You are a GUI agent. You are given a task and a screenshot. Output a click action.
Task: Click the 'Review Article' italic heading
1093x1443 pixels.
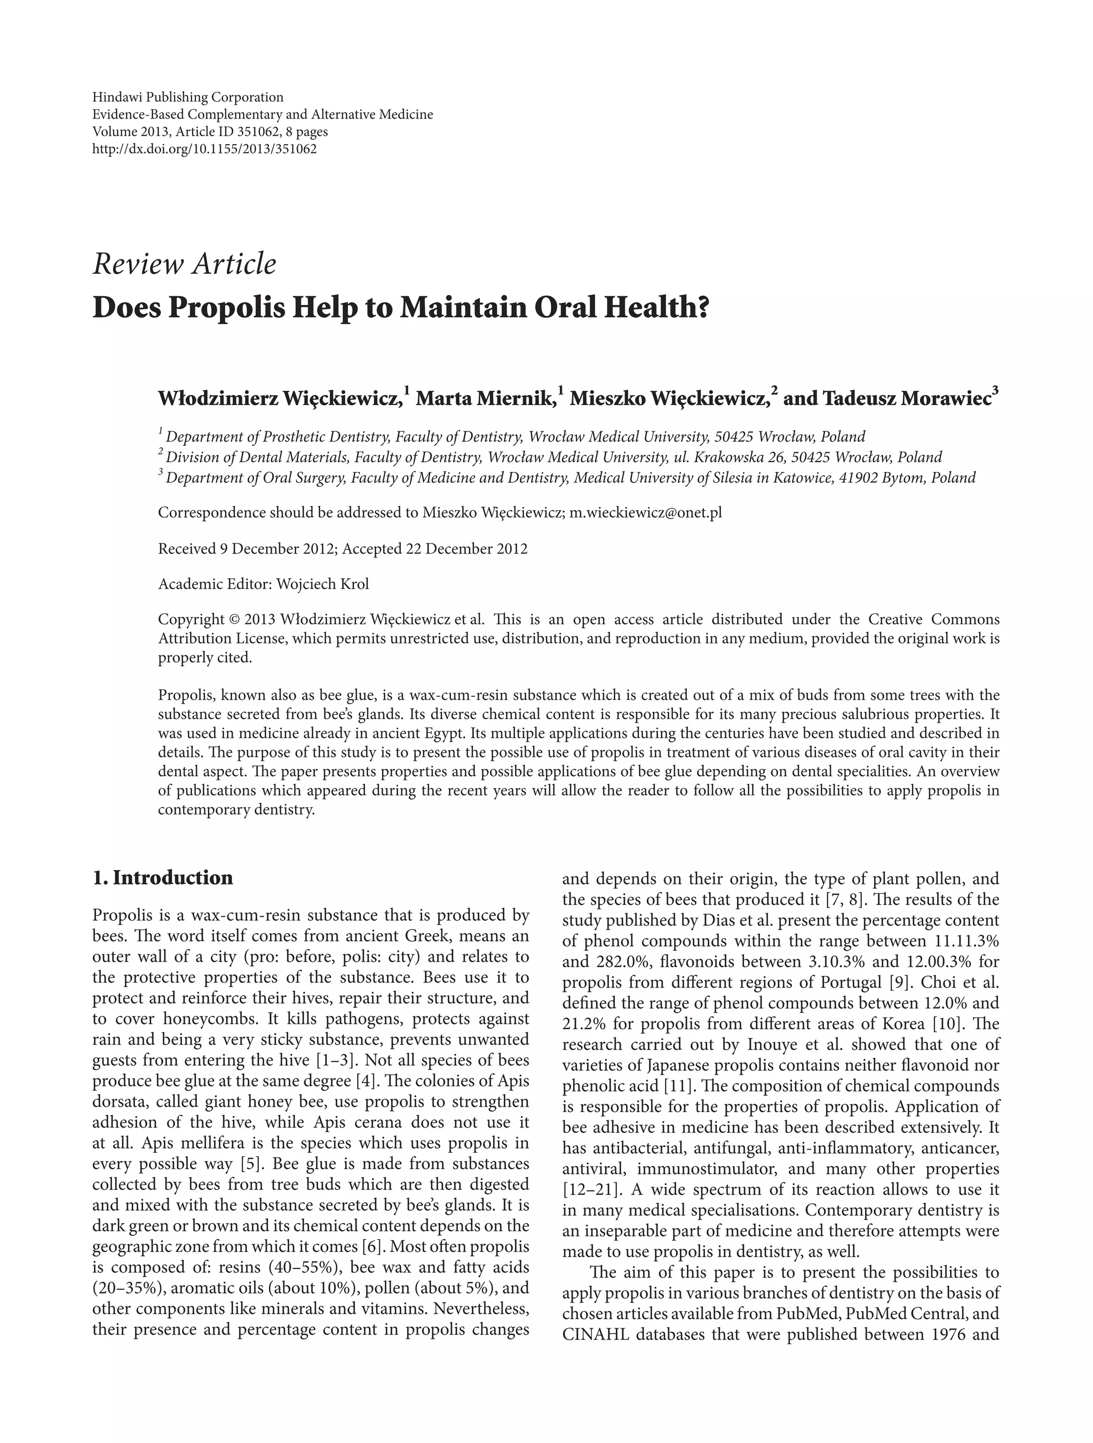coord(185,264)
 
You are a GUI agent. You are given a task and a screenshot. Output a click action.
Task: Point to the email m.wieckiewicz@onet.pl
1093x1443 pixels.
coord(646,512)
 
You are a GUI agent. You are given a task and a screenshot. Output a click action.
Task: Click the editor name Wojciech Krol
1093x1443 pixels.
coord(322,584)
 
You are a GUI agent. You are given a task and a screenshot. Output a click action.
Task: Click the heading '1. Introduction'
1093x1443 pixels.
coord(162,878)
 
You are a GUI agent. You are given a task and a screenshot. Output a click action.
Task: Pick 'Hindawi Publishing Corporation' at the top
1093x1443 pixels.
coord(188,97)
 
